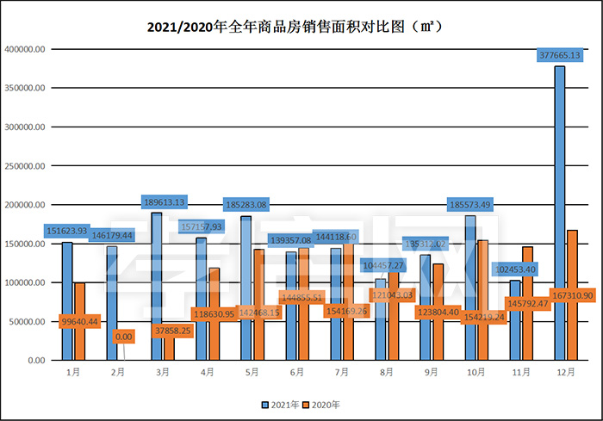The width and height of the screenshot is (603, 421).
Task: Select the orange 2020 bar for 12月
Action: tap(572, 258)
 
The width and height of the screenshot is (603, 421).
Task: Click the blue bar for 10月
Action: tap(469, 258)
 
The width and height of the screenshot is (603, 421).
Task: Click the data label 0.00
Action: tap(124, 337)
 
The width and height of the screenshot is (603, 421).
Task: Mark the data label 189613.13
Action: tap(164, 202)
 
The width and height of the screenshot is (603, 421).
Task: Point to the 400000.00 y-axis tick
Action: tap(25, 49)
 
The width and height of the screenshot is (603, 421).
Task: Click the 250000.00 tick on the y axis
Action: tap(25, 166)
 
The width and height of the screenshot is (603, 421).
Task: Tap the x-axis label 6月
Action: tap(297, 372)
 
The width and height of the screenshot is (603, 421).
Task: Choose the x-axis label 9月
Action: tap(432, 372)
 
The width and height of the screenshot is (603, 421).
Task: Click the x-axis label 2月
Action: tap(118, 372)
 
